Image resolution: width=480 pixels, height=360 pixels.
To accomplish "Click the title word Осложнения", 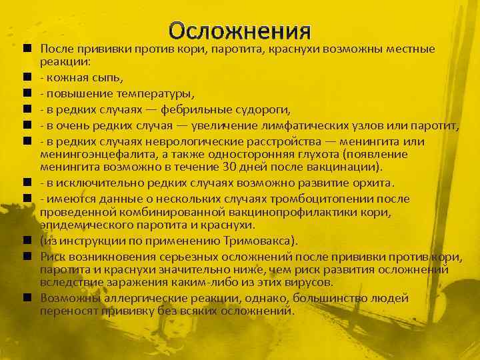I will pyautogui.click(x=240, y=31).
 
